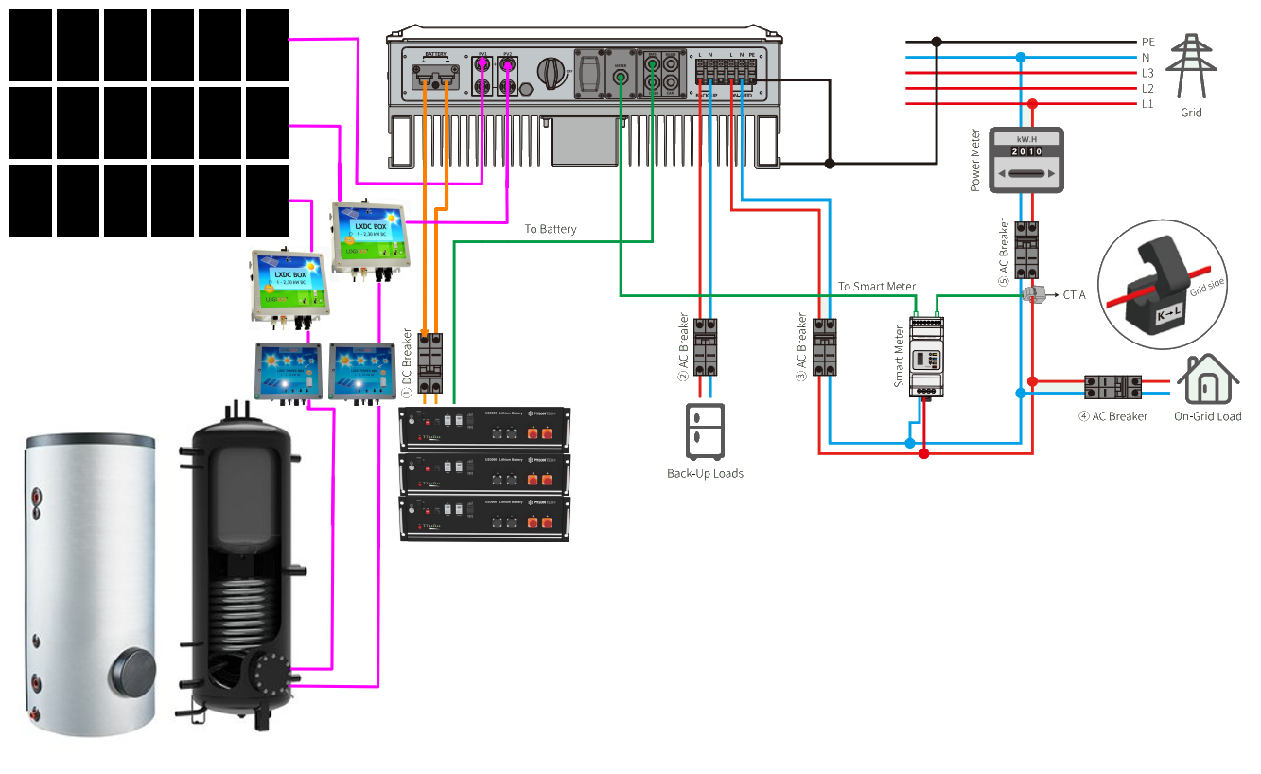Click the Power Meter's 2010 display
pos(1026,151)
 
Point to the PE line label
pos(1147,43)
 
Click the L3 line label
pos(1147,73)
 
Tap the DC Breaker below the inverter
pos(431,361)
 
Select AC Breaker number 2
pos(705,347)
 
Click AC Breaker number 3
pos(825,347)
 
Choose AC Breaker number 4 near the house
pos(1112,387)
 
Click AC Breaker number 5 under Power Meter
pos(1026,249)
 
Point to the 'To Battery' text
pos(551,229)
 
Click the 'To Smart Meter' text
pos(876,287)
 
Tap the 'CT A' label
pos(1074,295)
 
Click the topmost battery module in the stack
pos(485,428)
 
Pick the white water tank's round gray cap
pos(131,671)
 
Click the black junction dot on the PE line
pos(937,42)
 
